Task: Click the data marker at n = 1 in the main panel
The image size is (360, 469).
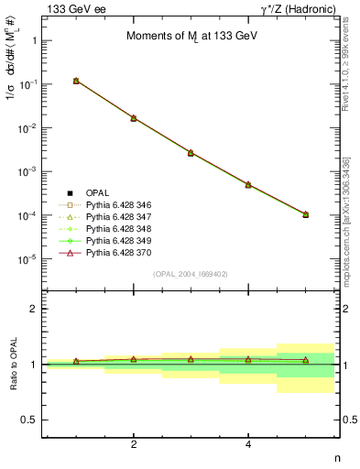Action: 76,81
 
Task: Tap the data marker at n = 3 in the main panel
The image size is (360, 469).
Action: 191,152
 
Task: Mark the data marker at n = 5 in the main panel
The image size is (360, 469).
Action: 305,214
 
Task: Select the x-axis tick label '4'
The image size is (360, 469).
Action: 248,444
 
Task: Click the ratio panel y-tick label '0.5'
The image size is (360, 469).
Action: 28,420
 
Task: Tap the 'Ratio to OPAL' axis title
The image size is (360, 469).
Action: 11,364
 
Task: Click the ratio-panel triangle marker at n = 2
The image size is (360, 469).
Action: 134,359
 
